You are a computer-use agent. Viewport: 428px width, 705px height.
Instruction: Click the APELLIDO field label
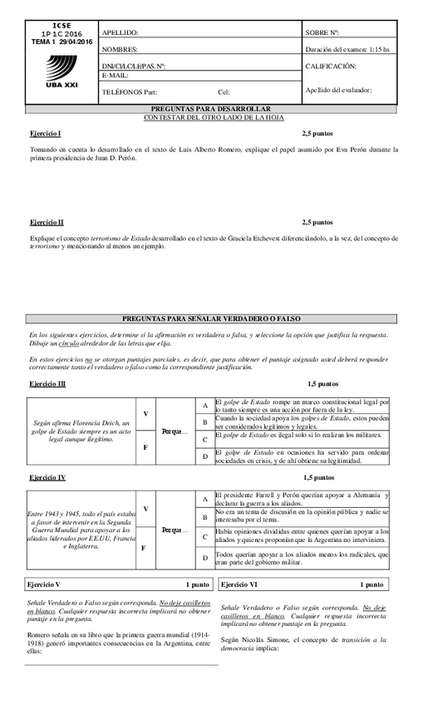click(120, 33)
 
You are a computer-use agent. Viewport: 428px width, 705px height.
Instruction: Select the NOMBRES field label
click(120, 50)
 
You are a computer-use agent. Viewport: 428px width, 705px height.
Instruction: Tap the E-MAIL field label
click(116, 76)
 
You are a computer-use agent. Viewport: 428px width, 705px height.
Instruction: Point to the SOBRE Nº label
click(322, 33)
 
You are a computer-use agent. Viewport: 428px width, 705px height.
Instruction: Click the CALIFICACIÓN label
click(331, 66)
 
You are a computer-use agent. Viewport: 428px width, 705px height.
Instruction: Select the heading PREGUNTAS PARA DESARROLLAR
click(211, 109)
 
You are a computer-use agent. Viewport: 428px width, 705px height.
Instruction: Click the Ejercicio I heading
click(46, 134)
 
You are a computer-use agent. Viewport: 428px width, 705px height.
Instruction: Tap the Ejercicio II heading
click(47, 223)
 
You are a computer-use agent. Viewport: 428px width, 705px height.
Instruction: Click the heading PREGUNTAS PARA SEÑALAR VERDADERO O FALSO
click(211, 318)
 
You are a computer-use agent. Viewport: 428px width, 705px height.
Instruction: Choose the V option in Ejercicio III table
click(145, 413)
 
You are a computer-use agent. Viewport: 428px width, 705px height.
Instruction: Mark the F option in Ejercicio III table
click(145, 447)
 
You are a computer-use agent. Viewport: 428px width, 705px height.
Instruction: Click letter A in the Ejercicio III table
click(204, 405)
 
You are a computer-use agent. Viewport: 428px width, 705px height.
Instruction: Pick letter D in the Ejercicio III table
click(204, 456)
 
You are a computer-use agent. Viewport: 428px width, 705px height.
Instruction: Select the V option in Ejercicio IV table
click(145, 508)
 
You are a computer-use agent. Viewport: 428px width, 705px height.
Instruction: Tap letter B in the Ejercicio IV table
click(204, 517)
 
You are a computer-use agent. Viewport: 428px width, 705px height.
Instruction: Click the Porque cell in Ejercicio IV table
click(175, 530)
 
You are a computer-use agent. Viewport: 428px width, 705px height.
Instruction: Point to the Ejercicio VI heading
click(240, 585)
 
